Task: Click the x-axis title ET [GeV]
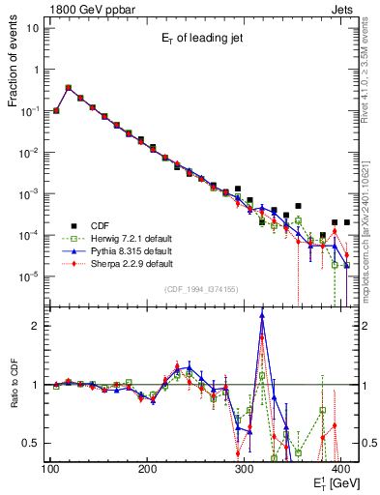pyautogui.click(x=333, y=481)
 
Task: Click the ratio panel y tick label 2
pyautogui.click(x=40, y=326)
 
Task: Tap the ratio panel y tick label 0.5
pyautogui.click(x=35, y=443)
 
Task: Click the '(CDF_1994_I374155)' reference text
pyautogui.click(x=203, y=289)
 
